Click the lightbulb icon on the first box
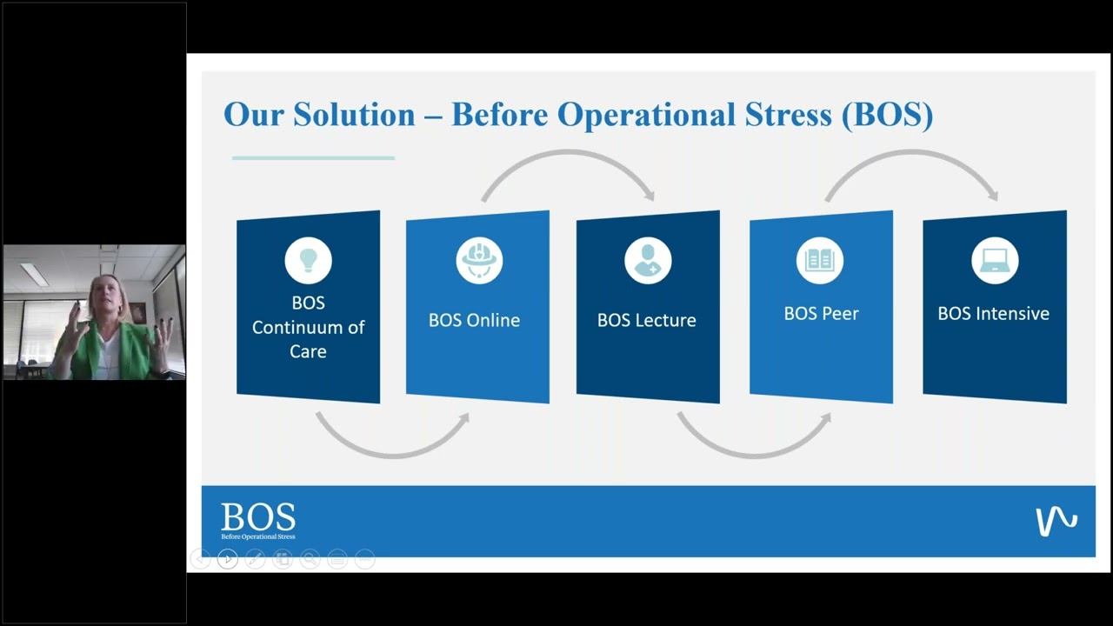pyautogui.click(x=309, y=260)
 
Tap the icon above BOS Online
pyautogui.click(x=479, y=260)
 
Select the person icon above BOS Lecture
pyautogui.click(x=648, y=260)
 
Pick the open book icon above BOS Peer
pyautogui.click(x=819, y=260)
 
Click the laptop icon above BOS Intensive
pyautogui.click(x=994, y=260)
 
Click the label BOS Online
pyautogui.click(x=474, y=320)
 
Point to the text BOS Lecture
pyautogui.click(x=646, y=320)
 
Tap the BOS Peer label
pyautogui.click(x=821, y=313)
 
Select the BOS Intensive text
pyautogui.click(x=993, y=313)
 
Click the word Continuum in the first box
pyautogui.click(x=309, y=327)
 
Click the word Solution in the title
pyautogui.click(x=354, y=115)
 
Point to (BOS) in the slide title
pyautogui.click(x=887, y=115)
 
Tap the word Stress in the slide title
pyautogui.click(x=790, y=115)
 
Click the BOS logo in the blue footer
pyautogui.click(x=258, y=520)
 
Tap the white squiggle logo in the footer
pyautogui.click(x=1056, y=521)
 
